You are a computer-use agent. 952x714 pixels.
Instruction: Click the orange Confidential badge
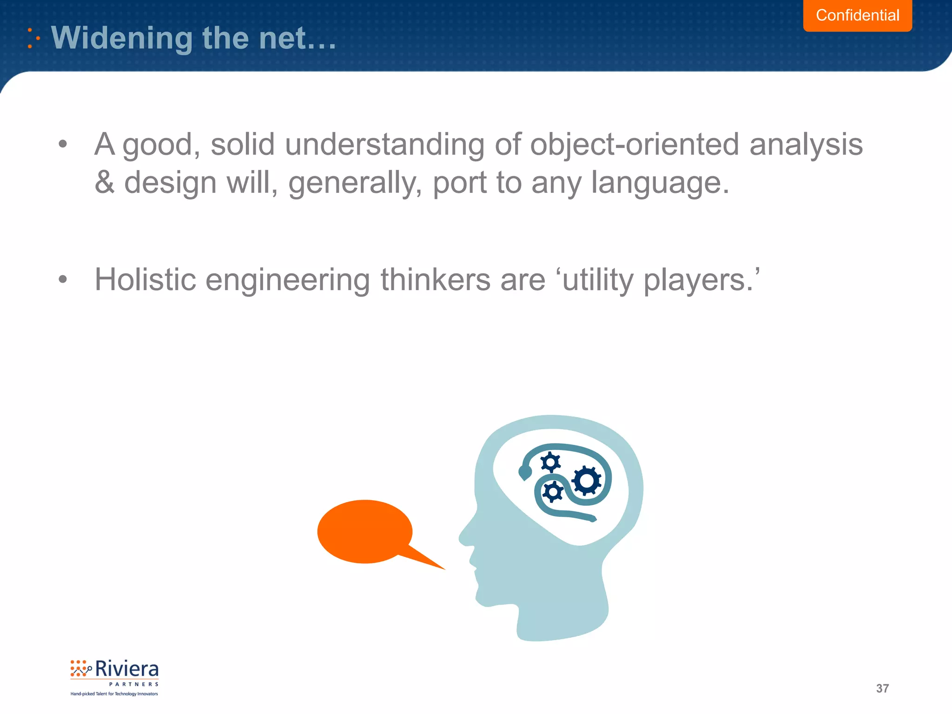(x=857, y=15)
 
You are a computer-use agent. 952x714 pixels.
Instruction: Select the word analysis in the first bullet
(x=806, y=145)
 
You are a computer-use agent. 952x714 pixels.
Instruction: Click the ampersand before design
(x=105, y=182)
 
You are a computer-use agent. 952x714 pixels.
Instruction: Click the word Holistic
(x=145, y=280)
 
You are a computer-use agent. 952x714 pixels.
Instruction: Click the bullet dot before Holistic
(x=63, y=279)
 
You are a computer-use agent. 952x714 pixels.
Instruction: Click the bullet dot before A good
(x=63, y=144)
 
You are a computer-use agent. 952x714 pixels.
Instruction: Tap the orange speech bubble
(x=365, y=531)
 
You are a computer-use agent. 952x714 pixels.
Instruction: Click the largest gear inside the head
(x=587, y=481)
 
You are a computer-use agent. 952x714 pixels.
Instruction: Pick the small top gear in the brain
(x=551, y=463)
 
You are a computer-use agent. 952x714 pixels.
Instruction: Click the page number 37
(x=882, y=688)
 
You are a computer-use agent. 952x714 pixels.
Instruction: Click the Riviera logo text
(x=126, y=669)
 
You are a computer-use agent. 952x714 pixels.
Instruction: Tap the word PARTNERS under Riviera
(x=134, y=684)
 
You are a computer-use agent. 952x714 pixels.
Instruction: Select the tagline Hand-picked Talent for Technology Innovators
(x=114, y=694)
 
